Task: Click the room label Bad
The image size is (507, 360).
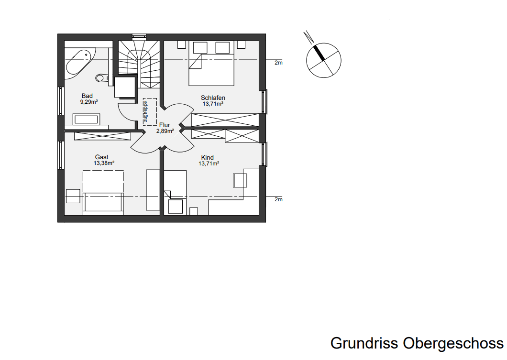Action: click(87, 96)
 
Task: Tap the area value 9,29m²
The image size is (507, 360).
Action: click(89, 102)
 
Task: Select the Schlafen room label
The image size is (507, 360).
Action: click(213, 98)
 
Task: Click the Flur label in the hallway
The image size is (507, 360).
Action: click(165, 125)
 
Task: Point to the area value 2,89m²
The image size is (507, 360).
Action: click(165, 131)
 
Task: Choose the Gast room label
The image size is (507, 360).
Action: click(101, 157)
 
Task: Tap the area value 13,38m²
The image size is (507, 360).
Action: click(104, 163)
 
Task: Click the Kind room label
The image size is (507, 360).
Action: click(207, 158)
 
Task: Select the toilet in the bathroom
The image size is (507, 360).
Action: click(101, 77)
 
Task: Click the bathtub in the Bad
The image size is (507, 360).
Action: click(78, 62)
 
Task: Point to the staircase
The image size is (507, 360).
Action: click(139, 62)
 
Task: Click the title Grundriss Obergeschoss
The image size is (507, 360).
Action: click(417, 343)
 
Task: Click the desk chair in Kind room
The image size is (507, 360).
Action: click(240, 180)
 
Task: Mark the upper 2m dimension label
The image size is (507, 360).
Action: click(278, 63)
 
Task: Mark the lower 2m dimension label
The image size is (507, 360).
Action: click(278, 199)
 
